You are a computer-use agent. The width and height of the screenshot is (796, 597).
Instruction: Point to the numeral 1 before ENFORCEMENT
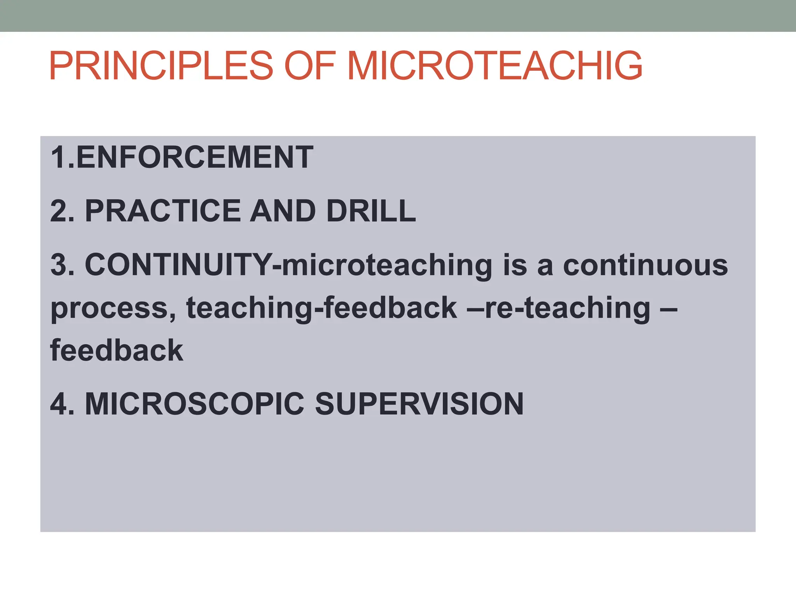[58, 157]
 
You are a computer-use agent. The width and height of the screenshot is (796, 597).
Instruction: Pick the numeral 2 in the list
[59, 211]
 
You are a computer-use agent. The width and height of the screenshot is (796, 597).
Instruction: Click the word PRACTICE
[163, 211]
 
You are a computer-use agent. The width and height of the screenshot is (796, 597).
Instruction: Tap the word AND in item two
[283, 211]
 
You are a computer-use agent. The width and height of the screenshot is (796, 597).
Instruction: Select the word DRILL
[371, 211]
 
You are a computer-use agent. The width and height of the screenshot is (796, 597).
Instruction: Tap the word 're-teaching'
[567, 308]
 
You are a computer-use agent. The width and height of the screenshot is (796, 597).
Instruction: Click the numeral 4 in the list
[59, 404]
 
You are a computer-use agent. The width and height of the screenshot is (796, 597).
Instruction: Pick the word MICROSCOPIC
[194, 404]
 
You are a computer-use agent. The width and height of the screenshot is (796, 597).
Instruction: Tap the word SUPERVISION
[419, 404]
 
